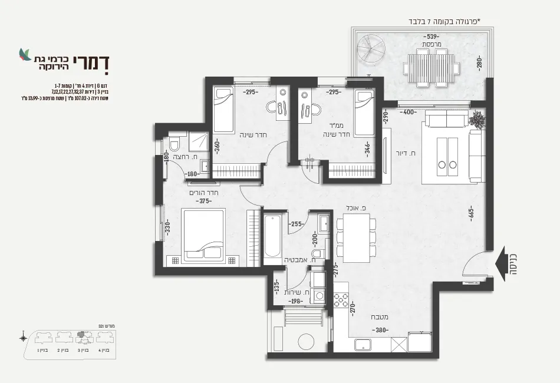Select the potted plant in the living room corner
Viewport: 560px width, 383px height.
pos(479,121)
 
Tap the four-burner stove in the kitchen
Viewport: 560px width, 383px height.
pos(341,298)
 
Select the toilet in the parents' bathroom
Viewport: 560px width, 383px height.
pos(174,146)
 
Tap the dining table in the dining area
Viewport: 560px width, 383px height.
pos(356,237)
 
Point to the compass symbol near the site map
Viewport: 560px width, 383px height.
pos(23,338)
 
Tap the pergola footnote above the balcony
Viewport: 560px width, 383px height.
pos(444,22)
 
